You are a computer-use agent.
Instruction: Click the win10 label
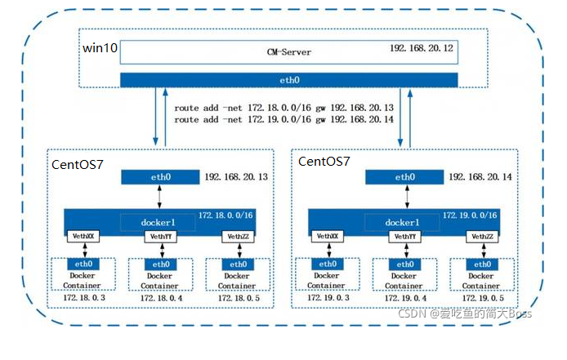[x=100, y=49]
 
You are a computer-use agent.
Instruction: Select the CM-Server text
[x=289, y=52]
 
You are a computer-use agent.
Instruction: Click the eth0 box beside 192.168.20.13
[x=159, y=177]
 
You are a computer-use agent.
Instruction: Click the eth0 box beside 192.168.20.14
[x=404, y=177]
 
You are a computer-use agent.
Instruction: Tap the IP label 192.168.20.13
[x=237, y=177]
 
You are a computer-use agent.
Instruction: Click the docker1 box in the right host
[x=404, y=222]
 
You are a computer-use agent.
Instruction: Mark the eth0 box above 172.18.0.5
[x=239, y=264]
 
